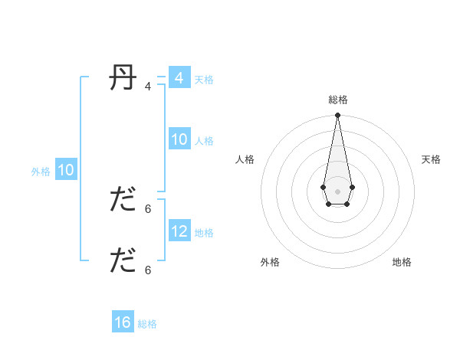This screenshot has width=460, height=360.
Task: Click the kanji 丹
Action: tap(123, 78)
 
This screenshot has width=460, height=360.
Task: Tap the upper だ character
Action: tap(123, 200)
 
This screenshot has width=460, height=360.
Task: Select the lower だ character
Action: tap(123, 260)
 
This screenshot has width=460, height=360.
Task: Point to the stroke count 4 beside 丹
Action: tap(148, 87)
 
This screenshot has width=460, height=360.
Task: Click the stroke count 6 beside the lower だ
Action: tap(148, 270)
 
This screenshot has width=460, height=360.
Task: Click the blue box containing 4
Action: tap(179, 78)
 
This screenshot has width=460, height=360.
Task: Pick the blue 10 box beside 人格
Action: tap(179, 139)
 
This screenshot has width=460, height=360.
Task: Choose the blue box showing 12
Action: tap(179, 231)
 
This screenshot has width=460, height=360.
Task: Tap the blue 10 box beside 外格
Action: tap(65, 170)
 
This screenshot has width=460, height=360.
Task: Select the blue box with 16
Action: tap(123, 322)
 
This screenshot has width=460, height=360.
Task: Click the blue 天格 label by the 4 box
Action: tap(204, 79)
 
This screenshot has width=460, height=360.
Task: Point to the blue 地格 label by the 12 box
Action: tap(204, 232)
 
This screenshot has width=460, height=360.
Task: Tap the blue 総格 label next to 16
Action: tap(147, 324)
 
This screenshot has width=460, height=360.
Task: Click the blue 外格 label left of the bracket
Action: tap(41, 172)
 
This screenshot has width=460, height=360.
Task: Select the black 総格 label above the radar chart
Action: tap(337, 100)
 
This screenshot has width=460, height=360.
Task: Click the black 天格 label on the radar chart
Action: tap(431, 159)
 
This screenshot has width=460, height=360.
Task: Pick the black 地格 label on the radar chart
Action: tap(402, 262)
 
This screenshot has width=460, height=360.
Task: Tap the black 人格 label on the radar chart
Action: tap(245, 159)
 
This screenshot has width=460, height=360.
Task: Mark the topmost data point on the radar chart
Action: tap(337, 116)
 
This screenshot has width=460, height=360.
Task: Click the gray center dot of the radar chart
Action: tap(337, 191)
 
